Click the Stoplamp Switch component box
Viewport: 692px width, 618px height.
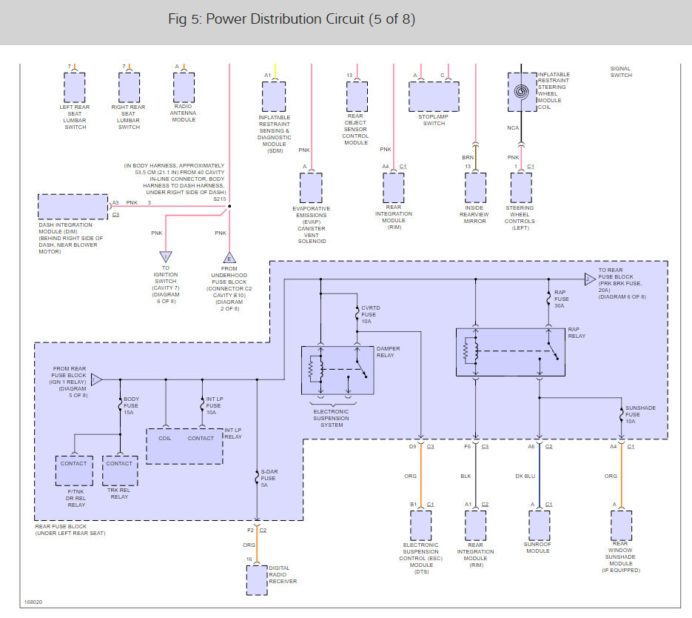click(x=434, y=96)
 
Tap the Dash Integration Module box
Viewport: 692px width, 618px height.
click(x=73, y=206)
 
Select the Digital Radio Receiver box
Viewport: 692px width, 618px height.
click(x=257, y=580)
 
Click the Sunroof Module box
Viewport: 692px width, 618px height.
click(x=540, y=525)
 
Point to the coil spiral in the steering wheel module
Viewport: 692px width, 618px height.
click(x=521, y=92)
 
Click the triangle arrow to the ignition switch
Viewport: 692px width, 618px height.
click(x=166, y=256)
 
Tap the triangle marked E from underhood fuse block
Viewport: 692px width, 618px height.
click(x=229, y=257)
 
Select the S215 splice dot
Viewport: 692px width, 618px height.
click(x=229, y=206)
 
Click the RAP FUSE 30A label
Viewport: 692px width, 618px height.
click(x=561, y=299)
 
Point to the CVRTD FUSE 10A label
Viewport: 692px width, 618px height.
click(x=370, y=314)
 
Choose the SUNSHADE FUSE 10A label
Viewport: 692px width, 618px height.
click(x=640, y=414)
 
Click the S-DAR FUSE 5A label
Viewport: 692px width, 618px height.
click(x=269, y=479)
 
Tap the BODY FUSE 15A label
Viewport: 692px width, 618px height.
click(x=131, y=405)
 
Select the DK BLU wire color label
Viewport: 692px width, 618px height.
click(x=525, y=476)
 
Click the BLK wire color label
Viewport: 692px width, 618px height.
click(x=466, y=476)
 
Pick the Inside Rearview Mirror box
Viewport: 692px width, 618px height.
click(x=475, y=187)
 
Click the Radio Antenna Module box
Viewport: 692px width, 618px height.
click(x=184, y=87)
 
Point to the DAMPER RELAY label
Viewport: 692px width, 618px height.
click(x=388, y=352)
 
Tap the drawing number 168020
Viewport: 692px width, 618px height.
click(x=33, y=602)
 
